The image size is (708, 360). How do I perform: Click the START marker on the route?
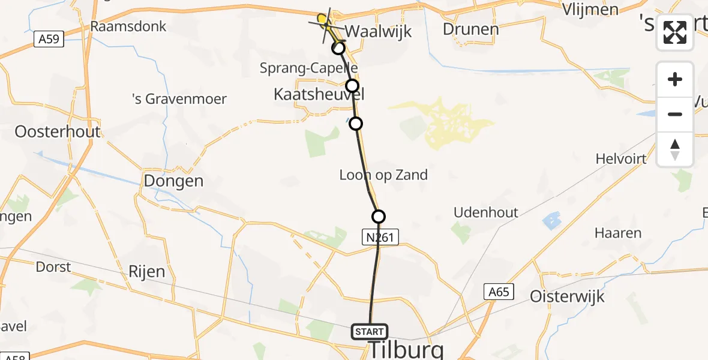click(369, 332)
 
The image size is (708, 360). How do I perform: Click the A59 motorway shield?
click(47, 40)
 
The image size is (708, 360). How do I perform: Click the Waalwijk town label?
click(379, 31)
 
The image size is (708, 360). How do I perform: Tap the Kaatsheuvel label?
click(319, 94)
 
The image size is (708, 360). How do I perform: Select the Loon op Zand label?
click(383, 175)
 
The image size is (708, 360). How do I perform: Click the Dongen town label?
click(173, 181)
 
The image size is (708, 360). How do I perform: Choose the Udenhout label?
click(486, 212)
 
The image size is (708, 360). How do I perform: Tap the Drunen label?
click(470, 29)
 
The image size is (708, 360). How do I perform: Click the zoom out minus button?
click(675, 115)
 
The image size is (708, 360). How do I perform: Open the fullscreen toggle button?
click(675, 32)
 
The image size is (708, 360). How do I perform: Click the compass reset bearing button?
click(675, 149)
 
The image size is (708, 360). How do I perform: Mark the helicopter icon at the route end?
click(325, 22)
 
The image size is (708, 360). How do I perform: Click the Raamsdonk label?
click(128, 26)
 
